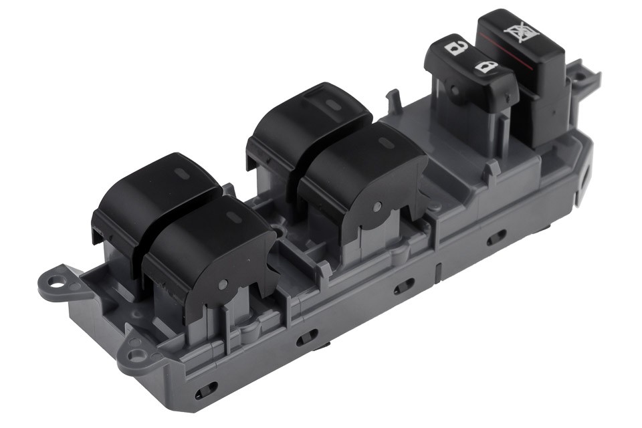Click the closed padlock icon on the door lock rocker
tap(486, 67)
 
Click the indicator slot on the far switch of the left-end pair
tap(182, 173)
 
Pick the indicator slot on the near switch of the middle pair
tap(386, 143)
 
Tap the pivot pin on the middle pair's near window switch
tap(376, 208)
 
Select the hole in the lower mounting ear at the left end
tap(136, 352)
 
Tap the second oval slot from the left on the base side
tap(308, 336)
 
